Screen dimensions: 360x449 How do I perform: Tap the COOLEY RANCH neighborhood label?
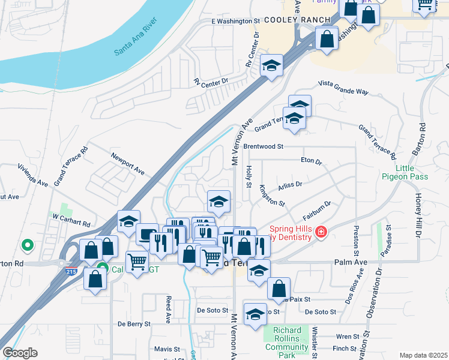coord(306,20)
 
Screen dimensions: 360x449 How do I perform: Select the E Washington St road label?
coord(235,21)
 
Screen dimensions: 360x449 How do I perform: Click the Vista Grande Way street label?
coord(343,88)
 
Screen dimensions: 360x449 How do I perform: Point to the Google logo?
coord(19,353)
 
